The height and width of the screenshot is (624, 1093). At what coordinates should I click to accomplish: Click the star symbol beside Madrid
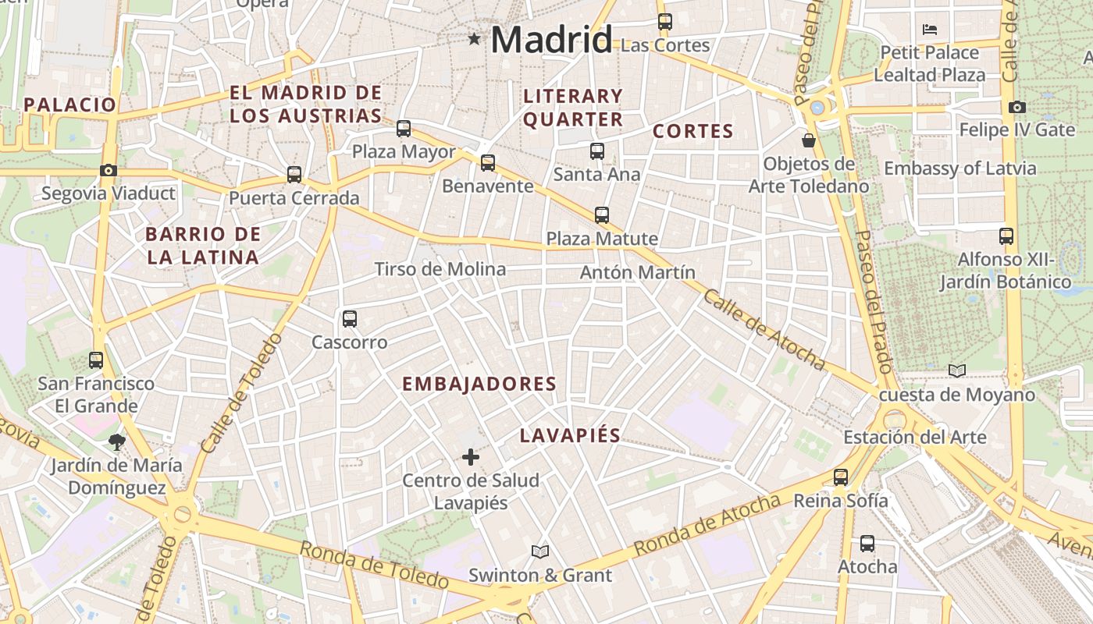473,38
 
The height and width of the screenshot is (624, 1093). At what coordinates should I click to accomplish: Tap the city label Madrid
551,40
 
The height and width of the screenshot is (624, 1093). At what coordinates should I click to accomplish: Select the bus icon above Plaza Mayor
404,129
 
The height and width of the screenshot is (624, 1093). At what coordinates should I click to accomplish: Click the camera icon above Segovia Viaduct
109,170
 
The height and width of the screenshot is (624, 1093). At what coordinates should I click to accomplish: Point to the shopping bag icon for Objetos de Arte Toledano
809,140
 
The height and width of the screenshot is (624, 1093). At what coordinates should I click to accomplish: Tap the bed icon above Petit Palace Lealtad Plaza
929,30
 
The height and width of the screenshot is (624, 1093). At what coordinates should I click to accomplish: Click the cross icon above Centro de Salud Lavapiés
470,457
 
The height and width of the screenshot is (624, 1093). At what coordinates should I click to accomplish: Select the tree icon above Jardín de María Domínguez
116,443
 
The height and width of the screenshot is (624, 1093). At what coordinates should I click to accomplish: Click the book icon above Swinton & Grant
540,552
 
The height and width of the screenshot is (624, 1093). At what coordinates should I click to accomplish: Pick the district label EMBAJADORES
479,384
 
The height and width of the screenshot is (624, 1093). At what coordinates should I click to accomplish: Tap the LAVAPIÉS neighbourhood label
570,436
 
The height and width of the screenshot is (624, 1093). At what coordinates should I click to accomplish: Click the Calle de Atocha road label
764,329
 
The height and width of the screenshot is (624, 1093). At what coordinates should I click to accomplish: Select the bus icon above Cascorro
349,318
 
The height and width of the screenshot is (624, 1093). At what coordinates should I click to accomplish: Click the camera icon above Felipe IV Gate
1016,107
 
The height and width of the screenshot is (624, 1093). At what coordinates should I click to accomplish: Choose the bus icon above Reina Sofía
840,477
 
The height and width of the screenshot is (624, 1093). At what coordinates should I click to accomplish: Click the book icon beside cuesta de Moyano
956,370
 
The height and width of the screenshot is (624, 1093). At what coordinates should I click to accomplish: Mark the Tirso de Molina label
440,269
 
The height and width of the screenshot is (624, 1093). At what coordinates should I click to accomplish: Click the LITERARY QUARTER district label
573,108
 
